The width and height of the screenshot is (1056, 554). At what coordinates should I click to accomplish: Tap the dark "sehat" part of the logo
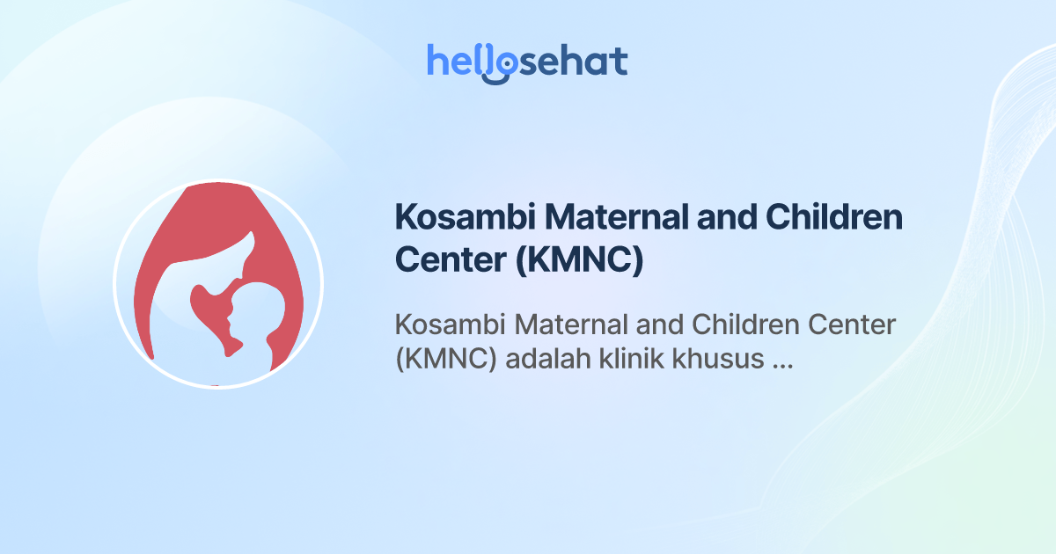pyautogui.click(x=572, y=62)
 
